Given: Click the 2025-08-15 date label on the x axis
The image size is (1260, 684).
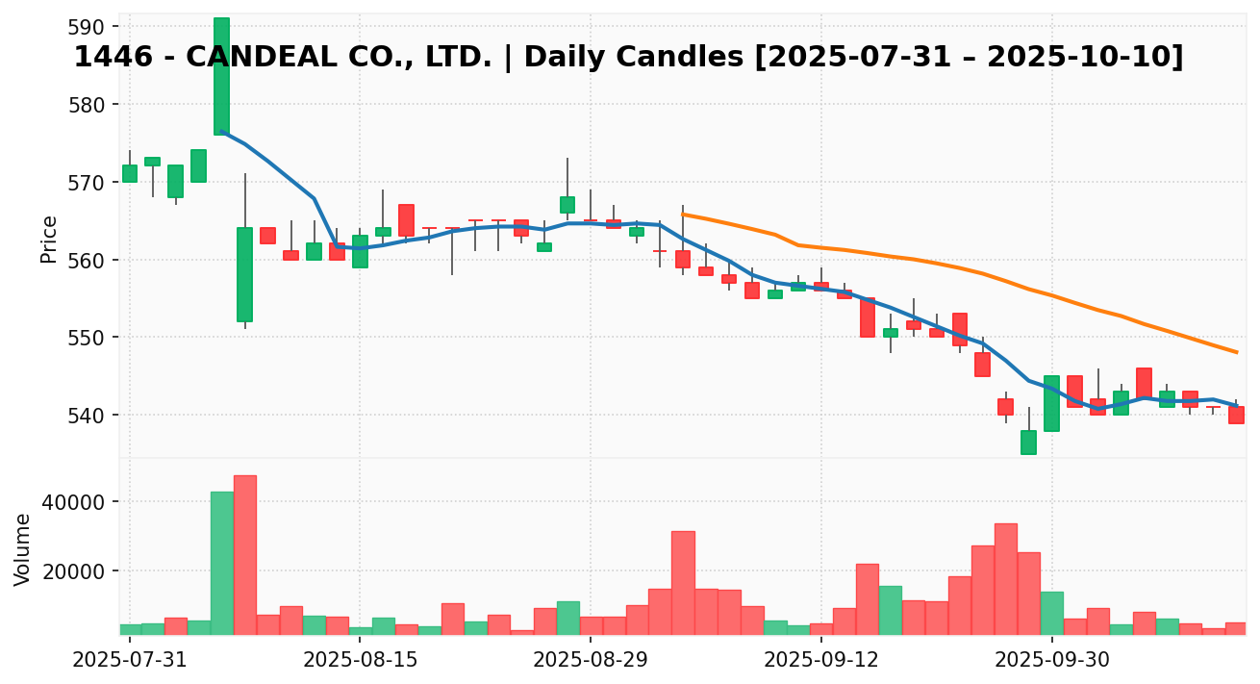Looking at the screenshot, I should pyautogui.click(x=360, y=660).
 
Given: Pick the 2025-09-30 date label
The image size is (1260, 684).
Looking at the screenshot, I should pyautogui.click(x=1051, y=660).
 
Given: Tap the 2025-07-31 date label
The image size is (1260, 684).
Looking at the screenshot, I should pyautogui.click(x=130, y=660).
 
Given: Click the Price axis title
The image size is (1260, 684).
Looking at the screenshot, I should pyautogui.click(x=49, y=239).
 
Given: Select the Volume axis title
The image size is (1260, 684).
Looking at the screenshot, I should pyautogui.click(x=23, y=548).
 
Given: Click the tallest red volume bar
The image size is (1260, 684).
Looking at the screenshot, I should pyautogui.click(x=245, y=554).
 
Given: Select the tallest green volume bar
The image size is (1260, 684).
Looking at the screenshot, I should pyautogui.click(x=222, y=563).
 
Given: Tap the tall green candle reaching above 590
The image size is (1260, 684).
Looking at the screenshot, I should pyautogui.click(x=222, y=77).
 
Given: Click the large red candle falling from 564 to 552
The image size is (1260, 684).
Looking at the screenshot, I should pyautogui.click(x=245, y=274).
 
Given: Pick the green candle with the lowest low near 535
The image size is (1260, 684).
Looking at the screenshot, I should pyautogui.click(x=1028, y=442).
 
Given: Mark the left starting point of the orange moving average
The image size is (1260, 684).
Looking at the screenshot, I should pyautogui.click(x=683, y=215).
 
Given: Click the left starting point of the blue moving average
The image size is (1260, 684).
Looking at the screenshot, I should pyautogui.click(x=222, y=131).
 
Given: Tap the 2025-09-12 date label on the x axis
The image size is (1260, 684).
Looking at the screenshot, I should pyautogui.click(x=820, y=660).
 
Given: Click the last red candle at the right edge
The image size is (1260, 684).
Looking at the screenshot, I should pyautogui.click(x=1236, y=415).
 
